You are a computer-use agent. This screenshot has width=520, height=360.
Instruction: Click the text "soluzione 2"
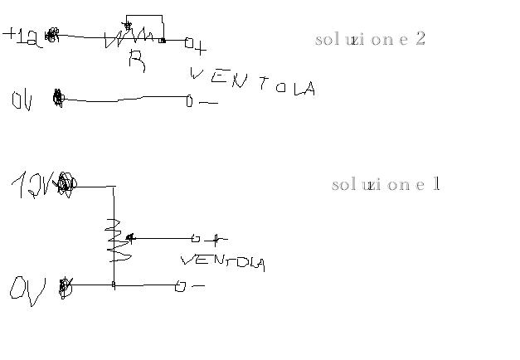[371, 39]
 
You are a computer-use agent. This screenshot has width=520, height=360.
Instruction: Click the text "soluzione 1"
[386, 184]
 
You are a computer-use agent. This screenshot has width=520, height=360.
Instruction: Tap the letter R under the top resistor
[137, 60]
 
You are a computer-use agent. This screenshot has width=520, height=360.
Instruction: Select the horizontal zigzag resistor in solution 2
[129, 37]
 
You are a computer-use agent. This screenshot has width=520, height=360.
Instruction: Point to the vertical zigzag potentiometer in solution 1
[115, 241]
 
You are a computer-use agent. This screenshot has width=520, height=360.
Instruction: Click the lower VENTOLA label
[222, 261]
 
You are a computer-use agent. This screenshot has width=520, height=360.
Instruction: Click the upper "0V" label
[22, 100]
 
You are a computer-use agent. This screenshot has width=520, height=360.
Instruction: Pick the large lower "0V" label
[27, 289]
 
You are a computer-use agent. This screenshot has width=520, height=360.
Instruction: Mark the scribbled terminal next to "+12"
[52, 35]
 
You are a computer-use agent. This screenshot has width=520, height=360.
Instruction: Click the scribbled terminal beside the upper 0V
[58, 98]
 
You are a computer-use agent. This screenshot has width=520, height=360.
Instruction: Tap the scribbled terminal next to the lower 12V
[65, 183]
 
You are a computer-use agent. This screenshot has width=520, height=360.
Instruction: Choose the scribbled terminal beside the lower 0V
[66, 288]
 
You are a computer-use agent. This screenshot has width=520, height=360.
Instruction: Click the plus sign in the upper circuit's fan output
[200, 48]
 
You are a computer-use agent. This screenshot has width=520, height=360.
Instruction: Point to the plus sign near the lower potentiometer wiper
[216, 241]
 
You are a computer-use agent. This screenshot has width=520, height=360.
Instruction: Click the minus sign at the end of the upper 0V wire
[208, 103]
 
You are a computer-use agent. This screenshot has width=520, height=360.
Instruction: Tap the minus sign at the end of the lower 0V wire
[197, 286]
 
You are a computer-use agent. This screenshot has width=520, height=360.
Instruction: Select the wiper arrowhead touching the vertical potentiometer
[129, 238]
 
